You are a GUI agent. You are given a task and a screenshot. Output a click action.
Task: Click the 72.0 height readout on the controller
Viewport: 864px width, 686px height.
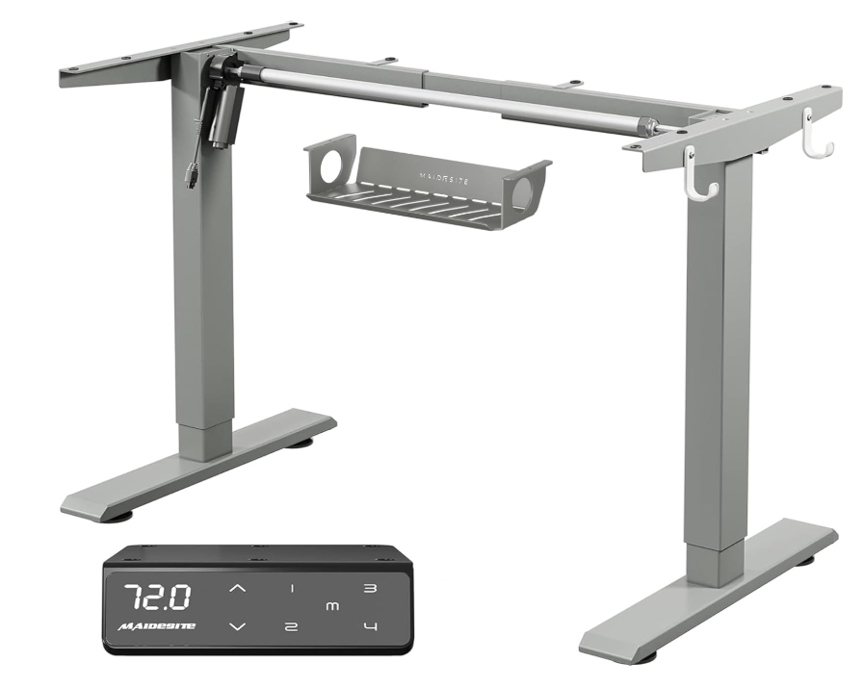click(157, 597)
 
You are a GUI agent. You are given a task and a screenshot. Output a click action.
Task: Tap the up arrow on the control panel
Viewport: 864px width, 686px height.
click(238, 589)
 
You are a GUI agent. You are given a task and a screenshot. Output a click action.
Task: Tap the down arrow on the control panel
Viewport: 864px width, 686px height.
click(238, 626)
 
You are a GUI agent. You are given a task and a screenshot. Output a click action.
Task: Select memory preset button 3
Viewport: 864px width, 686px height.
click(371, 588)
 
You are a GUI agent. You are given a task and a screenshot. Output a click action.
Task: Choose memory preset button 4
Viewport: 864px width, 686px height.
click(372, 626)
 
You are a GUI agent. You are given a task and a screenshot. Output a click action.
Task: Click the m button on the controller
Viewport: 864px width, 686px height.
click(332, 607)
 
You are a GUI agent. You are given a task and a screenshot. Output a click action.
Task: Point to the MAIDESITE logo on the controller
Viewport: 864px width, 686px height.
click(156, 626)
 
